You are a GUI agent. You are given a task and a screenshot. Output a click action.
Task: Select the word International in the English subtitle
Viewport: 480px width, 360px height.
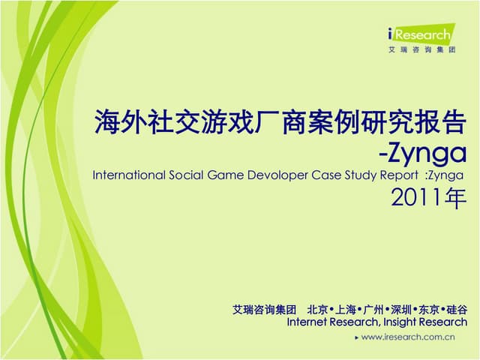129,175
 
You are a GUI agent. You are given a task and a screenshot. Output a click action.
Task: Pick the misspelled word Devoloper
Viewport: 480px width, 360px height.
278,175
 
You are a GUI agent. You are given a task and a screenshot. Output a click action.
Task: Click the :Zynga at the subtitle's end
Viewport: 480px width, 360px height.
445,175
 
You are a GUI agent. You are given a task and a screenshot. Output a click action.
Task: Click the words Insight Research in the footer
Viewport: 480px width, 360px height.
424,322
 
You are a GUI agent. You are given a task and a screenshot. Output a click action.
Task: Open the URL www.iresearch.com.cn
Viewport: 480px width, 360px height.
409,337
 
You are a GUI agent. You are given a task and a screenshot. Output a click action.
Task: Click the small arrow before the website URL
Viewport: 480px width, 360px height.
356,337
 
